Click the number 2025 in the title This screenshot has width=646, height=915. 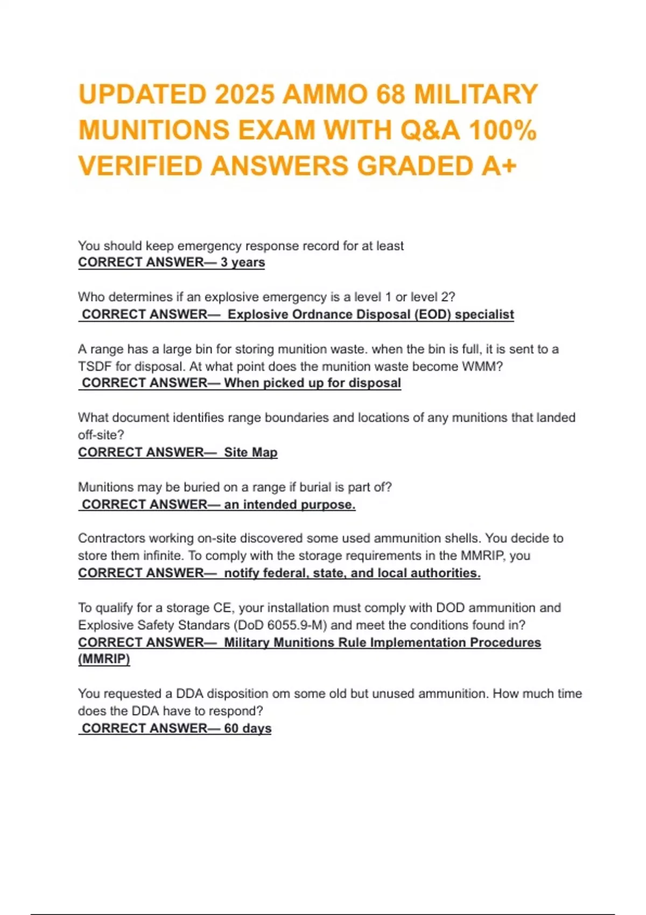(x=244, y=95)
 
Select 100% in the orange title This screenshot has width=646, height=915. (x=502, y=130)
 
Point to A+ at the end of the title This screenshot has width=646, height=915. (x=498, y=166)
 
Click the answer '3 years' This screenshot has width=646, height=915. (x=242, y=262)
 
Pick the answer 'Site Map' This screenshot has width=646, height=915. (x=250, y=452)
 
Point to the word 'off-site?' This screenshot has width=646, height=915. (x=101, y=435)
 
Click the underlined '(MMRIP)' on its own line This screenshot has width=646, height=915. (x=104, y=659)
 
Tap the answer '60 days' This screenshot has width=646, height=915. (x=248, y=728)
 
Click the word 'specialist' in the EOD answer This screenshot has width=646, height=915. (x=484, y=314)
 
